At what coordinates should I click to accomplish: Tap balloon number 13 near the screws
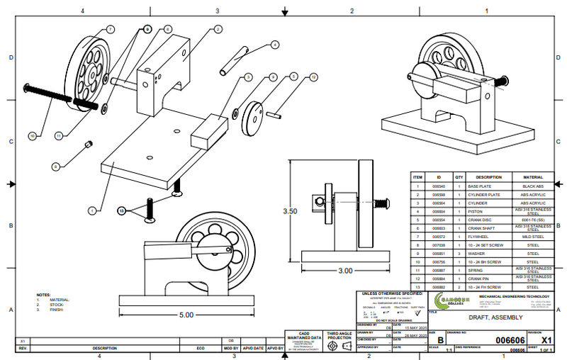click(x=121, y=210)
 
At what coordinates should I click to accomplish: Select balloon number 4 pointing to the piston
click(x=274, y=44)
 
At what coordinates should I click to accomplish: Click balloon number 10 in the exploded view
click(x=32, y=135)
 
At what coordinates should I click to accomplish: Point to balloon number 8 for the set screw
click(x=55, y=166)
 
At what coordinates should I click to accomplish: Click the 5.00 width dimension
click(x=186, y=314)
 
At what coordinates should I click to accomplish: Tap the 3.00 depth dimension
click(x=345, y=270)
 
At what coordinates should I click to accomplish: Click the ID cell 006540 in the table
click(x=439, y=186)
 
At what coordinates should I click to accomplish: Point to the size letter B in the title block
click(x=439, y=340)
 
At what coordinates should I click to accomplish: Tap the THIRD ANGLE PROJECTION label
click(x=340, y=335)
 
